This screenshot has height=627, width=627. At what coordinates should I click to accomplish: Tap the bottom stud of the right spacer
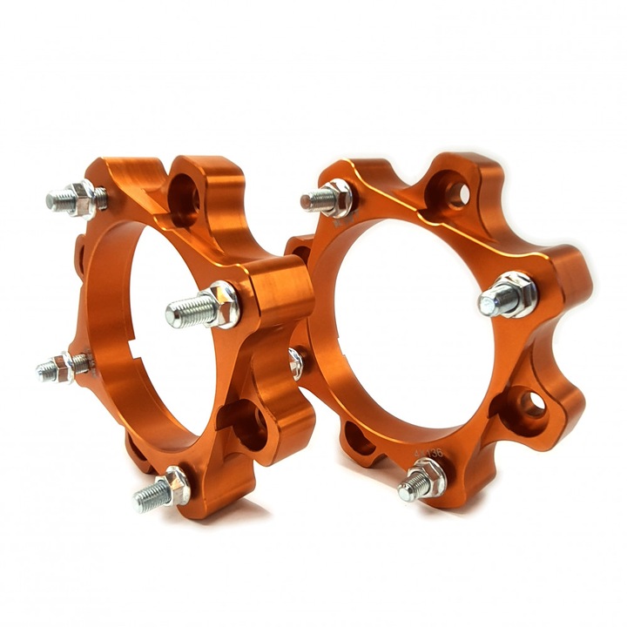coord(421,480)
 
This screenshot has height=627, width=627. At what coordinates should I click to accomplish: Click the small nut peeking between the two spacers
coord(296,362)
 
